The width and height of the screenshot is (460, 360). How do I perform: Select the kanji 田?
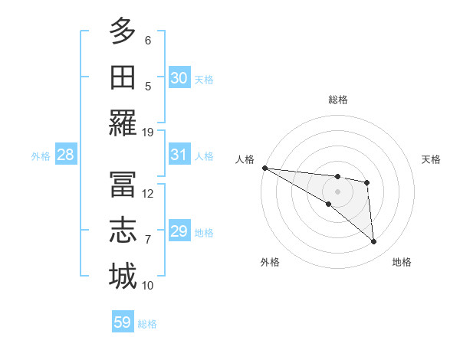[x=123, y=77]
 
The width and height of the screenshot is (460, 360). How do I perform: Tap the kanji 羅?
[x=123, y=123]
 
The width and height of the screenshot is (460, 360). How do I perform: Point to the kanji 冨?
[x=123, y=183]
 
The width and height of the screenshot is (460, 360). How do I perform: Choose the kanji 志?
[x=123, y=230]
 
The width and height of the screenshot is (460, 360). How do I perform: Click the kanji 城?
[x=123, y=276]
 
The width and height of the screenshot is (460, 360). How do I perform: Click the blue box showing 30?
[x=179, y=77]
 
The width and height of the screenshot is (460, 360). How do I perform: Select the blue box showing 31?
[x=179, y=155]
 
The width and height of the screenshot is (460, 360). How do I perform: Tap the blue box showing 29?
[x=179, y=231]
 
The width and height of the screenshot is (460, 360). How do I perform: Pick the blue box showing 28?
[x=65, y=155]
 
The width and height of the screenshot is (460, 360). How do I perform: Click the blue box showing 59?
[x=123, y=322]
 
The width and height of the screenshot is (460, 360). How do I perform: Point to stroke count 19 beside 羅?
[x=148, y=132]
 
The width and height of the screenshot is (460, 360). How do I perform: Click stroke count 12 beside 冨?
[x=148, y=193]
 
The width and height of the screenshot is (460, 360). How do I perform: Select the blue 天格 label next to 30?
[x=204, y=79]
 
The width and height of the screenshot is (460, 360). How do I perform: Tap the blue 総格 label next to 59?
[x=147, y=324]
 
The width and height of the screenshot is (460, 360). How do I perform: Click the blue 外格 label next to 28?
[x=41, y=156]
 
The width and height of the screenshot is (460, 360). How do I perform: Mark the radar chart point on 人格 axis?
[x=264, y=168]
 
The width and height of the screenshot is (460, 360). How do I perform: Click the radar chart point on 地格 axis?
[x=374, y=242]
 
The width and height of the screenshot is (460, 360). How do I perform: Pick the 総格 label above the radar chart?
[x=337, y=100]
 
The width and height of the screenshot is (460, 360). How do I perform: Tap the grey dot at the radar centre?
[x=337, y=191]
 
